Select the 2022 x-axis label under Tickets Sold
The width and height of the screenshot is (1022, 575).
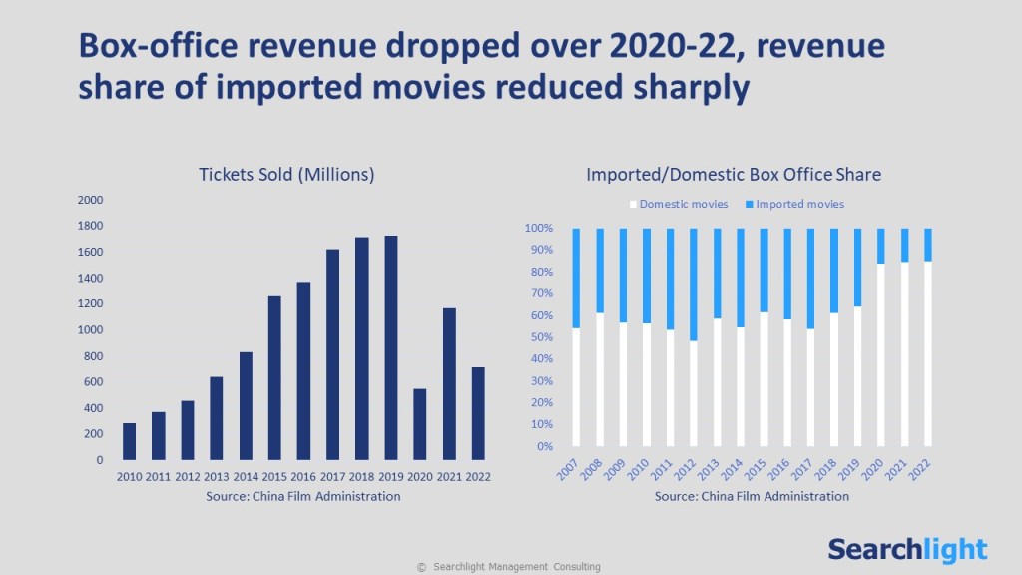click(478, 477)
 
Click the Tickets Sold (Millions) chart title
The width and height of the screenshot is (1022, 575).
click(286, 175)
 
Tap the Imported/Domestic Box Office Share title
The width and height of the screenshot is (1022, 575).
click(734, 175)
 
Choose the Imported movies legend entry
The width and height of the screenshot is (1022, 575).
click(793, 204)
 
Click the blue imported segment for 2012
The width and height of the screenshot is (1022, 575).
click(694, 284)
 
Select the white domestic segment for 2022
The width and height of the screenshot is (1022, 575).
click(929, 353)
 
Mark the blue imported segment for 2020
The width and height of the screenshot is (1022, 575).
click(881, 245)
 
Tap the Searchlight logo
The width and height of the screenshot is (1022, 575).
click(907, 549)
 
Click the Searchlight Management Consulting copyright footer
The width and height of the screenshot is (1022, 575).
click(509, 567)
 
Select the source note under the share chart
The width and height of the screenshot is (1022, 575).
click(753, 496)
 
